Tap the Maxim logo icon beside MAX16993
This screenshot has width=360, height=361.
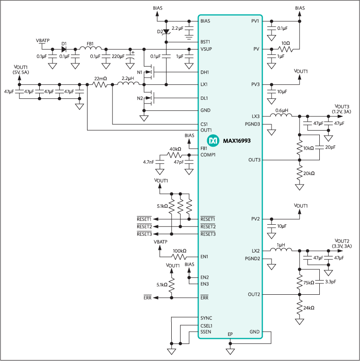click(213, 141)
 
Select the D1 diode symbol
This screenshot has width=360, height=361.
click(63, 49)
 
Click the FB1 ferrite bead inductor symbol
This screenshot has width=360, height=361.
click(93, 49)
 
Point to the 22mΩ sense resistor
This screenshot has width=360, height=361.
click(100, 85)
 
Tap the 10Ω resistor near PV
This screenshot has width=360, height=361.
click(285, 49)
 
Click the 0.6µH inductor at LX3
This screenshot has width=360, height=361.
click(281, 115)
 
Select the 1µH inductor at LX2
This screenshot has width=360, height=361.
click(281, 250)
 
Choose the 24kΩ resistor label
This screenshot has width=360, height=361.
click(308, 308)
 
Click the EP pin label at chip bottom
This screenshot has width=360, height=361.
click(230, 334)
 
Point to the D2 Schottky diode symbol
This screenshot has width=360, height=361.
click(167, 32)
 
